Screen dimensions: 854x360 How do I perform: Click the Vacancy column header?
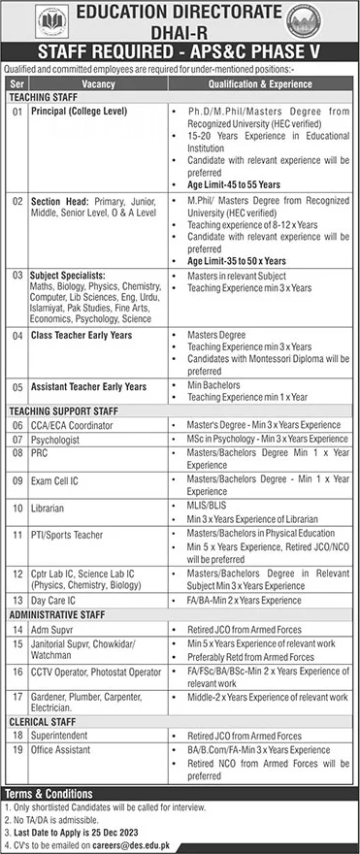[x=98, y=84]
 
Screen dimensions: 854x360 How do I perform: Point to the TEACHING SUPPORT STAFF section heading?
[x=64, y=411]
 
